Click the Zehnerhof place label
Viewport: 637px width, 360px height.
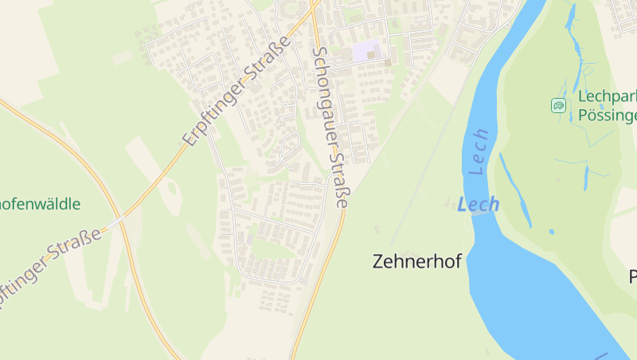point(416,261)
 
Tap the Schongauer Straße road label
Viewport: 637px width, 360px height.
point(330,127)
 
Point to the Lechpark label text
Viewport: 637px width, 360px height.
point(608,96)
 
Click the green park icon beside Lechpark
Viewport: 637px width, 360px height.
point(559,105)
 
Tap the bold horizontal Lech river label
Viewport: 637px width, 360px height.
point(479,205)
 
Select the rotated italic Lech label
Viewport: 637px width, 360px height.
point(479,152)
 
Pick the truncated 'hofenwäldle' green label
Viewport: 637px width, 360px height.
point(40,204)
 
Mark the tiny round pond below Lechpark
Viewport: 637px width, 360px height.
point(551,232)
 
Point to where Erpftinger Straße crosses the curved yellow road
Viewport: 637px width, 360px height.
point(119,217)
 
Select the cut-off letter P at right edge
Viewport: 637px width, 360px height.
point(632,277)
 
